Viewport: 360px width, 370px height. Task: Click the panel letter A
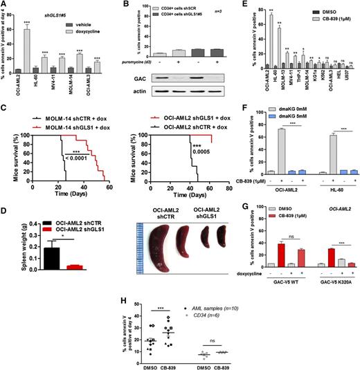coord(6,6)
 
